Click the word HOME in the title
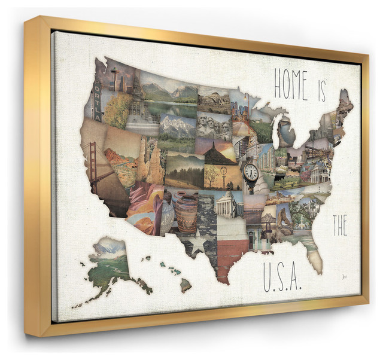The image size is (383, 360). click(291, 85)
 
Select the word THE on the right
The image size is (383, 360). click(340, 225)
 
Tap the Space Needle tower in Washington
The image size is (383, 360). click(114, 77)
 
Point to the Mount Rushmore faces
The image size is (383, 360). click(213, 126)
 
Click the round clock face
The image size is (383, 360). click(251, 173)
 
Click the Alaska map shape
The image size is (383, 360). click(108, 263)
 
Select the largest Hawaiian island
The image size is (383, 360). click(186, 285)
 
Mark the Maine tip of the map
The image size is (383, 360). click(345, 102)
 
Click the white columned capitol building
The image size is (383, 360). click(228, 203)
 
